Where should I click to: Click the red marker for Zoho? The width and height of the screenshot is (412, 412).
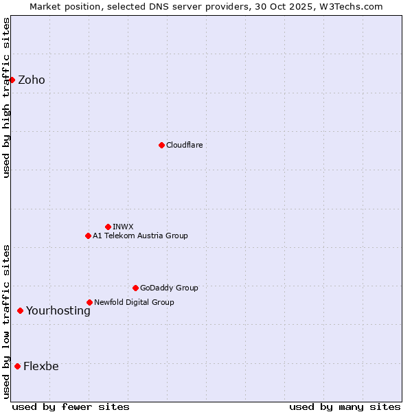(x=12, y=80)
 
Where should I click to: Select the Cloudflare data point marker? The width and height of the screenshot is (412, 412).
(x=161, y=145)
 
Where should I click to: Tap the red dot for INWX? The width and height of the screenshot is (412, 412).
(x=108, y=227)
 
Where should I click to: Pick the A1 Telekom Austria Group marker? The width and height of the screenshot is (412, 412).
(x=88, y=236)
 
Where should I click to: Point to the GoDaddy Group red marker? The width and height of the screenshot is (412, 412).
(x=135, y=288)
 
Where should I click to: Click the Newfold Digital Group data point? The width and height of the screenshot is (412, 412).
(x=89, y=302)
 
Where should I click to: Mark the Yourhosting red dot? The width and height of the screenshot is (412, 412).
(x=20, y=310)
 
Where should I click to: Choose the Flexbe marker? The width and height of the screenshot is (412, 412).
(x=17, y=366)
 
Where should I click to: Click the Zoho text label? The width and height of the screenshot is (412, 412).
(x=32, y=80)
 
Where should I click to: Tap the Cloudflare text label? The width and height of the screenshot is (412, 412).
(x=184, y=145)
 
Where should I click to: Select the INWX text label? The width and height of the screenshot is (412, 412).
(x=123, y=227)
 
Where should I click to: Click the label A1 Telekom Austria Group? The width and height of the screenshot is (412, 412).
(x=140, y=236)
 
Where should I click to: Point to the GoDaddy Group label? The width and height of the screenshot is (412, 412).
(x=169, y=288)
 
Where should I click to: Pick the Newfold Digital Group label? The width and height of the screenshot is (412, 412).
(x=134, y=302)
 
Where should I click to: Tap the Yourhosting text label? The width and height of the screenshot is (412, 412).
(x=58, y=310)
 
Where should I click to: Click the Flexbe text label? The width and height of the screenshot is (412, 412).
(x=41, y=366)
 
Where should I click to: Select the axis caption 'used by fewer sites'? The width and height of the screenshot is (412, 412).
(x=71, y=407)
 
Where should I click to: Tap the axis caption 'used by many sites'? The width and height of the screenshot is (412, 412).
(x=345, y=407)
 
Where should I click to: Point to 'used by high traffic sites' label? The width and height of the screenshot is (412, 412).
(x=6, y=98)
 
